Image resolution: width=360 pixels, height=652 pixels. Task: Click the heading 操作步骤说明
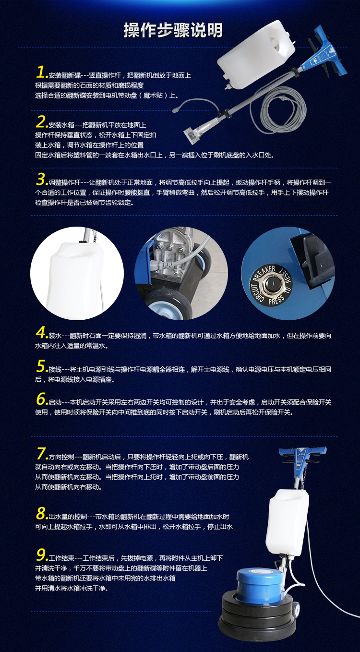point(173,30)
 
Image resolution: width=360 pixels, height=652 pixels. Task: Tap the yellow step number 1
point(41,72)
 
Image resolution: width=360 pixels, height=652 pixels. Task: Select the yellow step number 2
point(41,122)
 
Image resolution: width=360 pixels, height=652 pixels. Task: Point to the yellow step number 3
point(41,179)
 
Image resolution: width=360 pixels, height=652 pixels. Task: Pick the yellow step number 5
point(41,366)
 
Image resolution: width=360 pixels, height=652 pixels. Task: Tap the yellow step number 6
point(41,399)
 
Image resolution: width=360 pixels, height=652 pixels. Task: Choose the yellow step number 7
point(41,454)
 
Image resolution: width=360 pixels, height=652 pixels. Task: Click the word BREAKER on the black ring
point(264,273)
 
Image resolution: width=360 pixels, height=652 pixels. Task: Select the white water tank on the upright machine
point(287,523)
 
